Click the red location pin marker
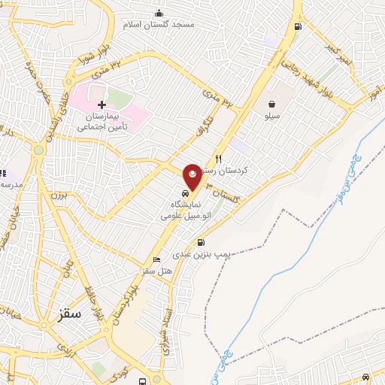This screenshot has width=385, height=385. [192, 176]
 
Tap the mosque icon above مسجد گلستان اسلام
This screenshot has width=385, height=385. [159, 13]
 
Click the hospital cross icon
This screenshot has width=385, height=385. [102, 104]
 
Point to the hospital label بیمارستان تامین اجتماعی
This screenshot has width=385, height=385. [104, 123]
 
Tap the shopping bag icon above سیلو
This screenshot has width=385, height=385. [270, 105]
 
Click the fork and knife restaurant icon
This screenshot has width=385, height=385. [219, 159]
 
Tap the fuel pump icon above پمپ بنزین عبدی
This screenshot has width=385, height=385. [201, 242]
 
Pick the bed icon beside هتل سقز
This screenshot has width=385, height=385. [156, 260]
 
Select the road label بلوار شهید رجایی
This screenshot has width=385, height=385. [302, 77]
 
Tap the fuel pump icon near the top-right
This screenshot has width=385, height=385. [299, 27]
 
